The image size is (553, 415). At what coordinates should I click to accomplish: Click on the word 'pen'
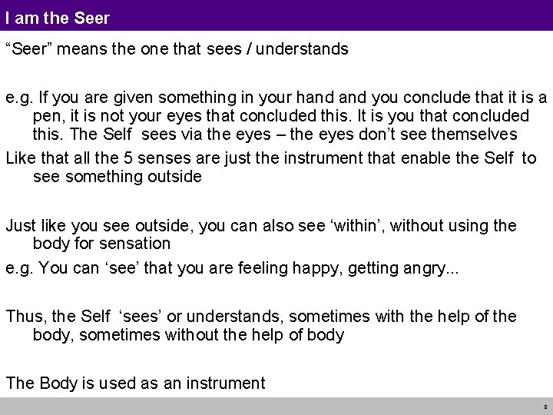click(47, 116)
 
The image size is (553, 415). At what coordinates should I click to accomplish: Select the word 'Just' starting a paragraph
click(21, 227)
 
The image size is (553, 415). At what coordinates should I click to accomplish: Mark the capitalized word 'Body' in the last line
click(63, 383)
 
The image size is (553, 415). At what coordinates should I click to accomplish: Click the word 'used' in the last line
click(124, 383)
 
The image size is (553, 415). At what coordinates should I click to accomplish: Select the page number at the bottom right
click(544, 405)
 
